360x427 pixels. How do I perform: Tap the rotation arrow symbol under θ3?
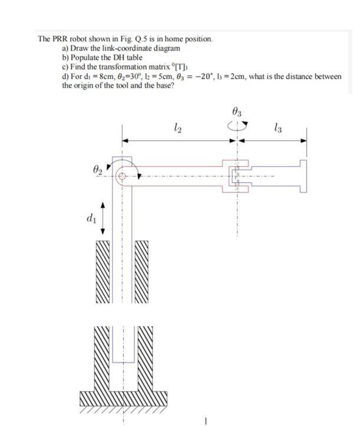pyautogui.click(x=237, y=124)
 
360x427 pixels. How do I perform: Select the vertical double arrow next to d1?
pyautogui.click(x=105, y=219)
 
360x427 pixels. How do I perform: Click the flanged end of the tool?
pyautogui.click(x=303, y=175)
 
